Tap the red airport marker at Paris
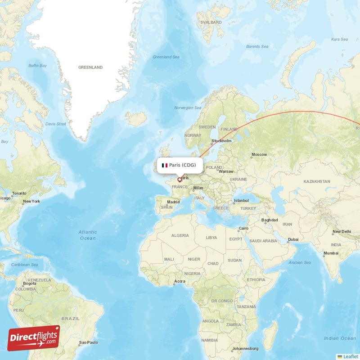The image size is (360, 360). (x=180, y=180)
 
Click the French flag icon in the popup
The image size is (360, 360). (x=165, y=165)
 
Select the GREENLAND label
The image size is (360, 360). (x=90, y=67)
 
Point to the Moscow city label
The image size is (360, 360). (x=259, y=155)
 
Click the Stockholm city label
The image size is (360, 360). (x=222, y=141)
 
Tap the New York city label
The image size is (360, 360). (x=32, y=201)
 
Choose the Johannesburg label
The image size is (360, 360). (x=246, y=349)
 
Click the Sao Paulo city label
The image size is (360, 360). (x=88, y=343)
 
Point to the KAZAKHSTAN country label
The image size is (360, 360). (x=317, y=181)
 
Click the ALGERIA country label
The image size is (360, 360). (x=180, y=235)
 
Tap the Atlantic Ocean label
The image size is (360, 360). (x=87, y=235)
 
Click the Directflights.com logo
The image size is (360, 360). (x=34, y=338)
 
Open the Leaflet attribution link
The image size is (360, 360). (x=350, y=356)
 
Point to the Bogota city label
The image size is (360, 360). (x=30, y=283)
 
